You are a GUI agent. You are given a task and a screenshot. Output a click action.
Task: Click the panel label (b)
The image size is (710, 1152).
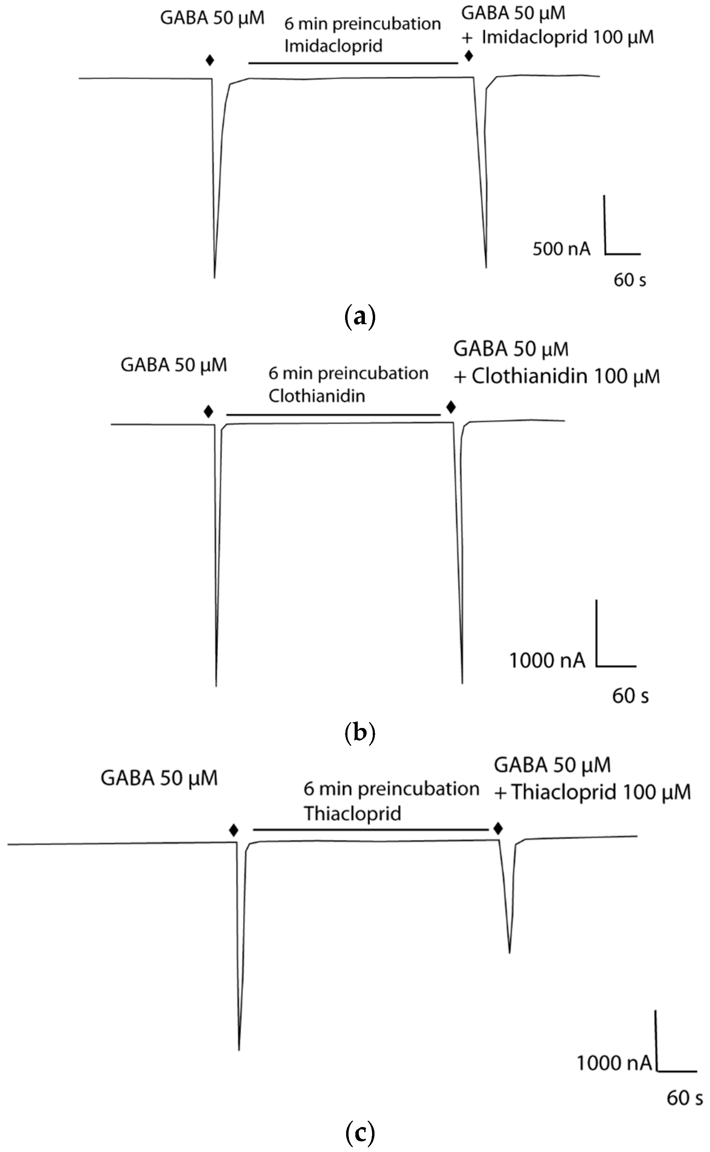coord(360,732)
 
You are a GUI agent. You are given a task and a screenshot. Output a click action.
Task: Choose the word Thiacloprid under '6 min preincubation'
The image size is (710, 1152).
coord(352,813)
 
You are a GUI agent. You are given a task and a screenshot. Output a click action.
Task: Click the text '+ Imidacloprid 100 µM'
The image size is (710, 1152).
coord(558,37)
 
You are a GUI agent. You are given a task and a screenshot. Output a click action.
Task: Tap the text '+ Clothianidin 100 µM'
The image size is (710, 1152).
coord(557,376)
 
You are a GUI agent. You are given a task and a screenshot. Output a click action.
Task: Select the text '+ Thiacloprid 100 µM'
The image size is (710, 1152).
coord(592,792)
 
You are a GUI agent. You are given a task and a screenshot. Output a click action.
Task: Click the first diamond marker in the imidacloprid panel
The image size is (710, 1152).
coord(210,60)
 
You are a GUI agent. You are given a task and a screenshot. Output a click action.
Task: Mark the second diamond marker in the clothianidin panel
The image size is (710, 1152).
coord(451,407)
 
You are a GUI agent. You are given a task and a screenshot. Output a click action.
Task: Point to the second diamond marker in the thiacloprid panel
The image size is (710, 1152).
coord(498,828)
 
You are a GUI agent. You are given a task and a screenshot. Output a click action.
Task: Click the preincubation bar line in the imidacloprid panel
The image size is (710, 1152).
coord(353,63)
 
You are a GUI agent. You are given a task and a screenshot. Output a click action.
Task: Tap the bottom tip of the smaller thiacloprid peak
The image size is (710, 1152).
coord(509,952)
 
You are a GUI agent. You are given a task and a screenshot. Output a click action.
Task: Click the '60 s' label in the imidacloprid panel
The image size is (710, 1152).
coord(630,280)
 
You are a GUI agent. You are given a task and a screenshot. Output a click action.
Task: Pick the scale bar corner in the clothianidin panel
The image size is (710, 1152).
coord(597,666)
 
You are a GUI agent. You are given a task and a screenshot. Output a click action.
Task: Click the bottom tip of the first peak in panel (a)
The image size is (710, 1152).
coord(215,277)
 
